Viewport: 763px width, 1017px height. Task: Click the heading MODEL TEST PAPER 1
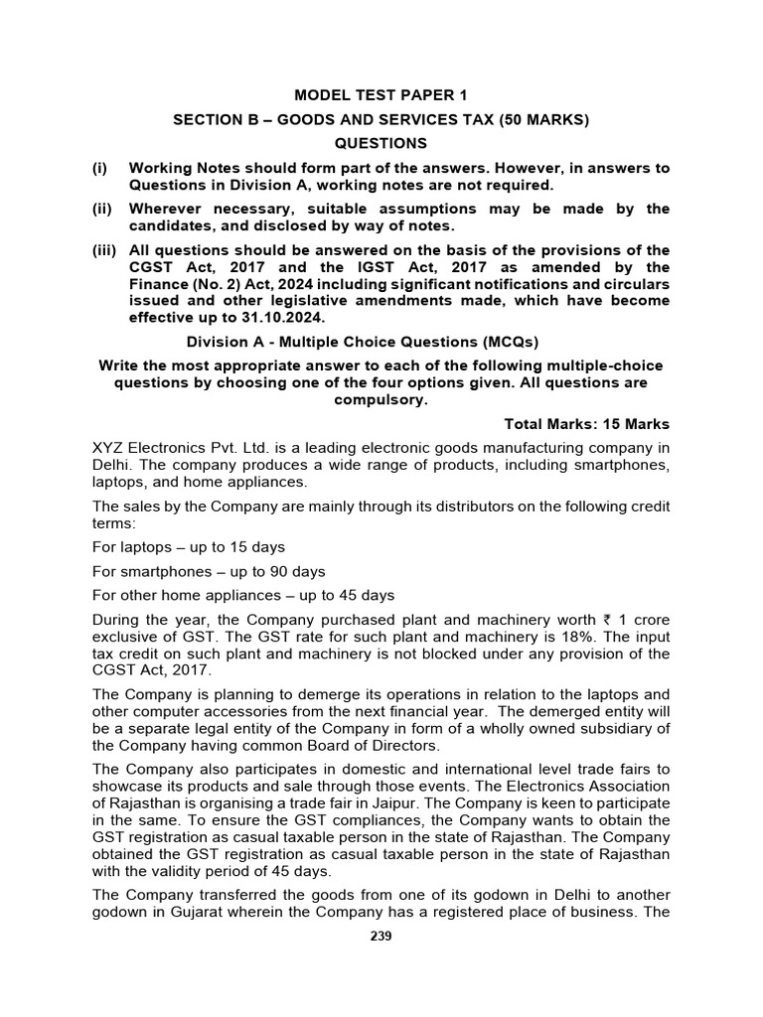tap(381, 95)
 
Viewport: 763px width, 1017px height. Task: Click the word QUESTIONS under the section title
tap(381, 143)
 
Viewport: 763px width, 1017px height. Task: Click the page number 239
tap(381, 936)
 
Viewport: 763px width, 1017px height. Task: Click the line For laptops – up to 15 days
tap(189, 547)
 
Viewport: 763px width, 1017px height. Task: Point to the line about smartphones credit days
tap(209, 572)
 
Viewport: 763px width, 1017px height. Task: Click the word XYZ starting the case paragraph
tap(109, 449)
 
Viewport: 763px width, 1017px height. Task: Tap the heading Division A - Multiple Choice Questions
tap(363, 342)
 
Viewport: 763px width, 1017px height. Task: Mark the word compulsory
tap(381, 399)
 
